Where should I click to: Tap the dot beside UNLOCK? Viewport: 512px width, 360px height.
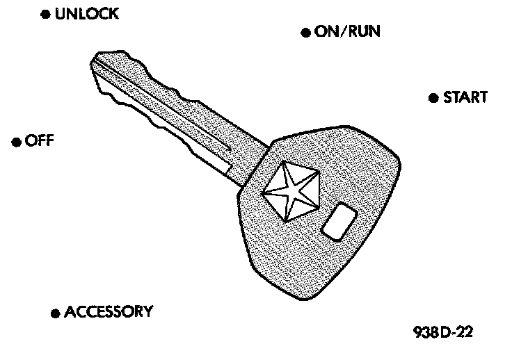pos(45,15)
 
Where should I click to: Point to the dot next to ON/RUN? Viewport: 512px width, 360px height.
pos(305,33)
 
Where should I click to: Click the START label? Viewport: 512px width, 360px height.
pos(465,97)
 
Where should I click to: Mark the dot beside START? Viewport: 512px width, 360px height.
pos(433,97)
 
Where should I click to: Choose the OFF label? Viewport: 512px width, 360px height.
pos(38,141)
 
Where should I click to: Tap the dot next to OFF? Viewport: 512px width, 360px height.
pos(15,142)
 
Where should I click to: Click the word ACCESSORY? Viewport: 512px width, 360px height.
pos(108,311)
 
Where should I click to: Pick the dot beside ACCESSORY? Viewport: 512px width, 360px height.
pos(55,313)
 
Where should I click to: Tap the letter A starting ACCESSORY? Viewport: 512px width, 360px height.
pos(69,311)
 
